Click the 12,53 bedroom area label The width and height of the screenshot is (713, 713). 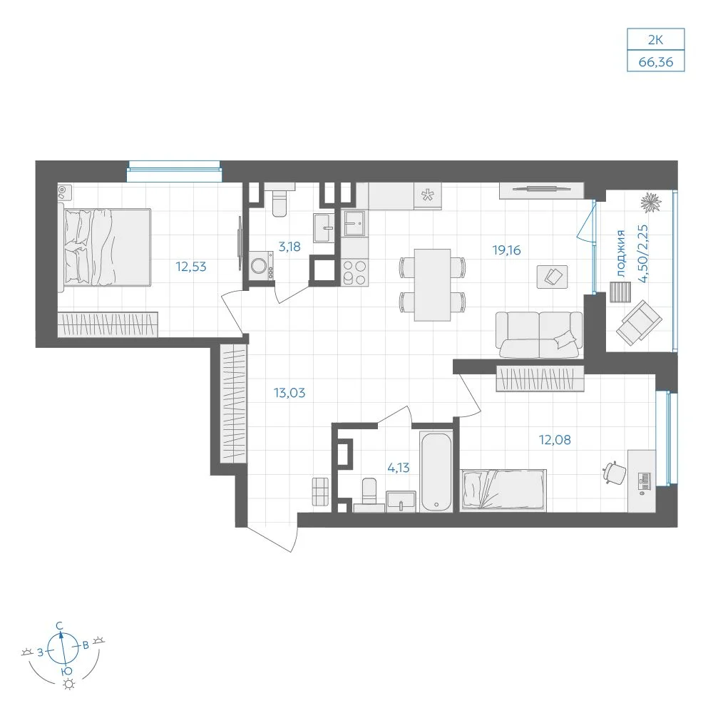pyautogui.click(x=191, y=267)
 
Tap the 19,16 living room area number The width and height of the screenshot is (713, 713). pyautogui.click(x=506, y=250)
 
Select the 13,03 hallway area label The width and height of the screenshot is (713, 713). pyautogui.click(x=289, y=392)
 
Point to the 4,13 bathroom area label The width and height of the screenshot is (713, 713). pyautogui.click(x=399, y=468)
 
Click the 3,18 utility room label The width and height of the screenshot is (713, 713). pyautogui.click(x=289, y=247)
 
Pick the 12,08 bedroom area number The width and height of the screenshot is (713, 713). pyautogui.click(x=555, y=440)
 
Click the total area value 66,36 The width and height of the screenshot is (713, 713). pyautogui.click(x=656, y=62)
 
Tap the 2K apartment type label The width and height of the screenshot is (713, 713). pyautogui.click(x=656, y=40)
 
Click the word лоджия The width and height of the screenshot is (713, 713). pyautogui.click(x=621, y=253)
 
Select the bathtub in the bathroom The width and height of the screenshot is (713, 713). pyautogui.click(x=436, y=471)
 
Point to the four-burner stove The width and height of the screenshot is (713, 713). pyautogui.click(x=354, y=272)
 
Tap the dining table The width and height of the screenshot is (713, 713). pyautogui.click(x=432, y=284)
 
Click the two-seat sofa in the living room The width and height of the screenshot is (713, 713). pyautogui.click(x=539, y=334)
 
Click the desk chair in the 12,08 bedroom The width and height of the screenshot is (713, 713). pyautogui.click(x=615, y=473)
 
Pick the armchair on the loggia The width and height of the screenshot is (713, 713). pyautogui.click(x=638, y=322)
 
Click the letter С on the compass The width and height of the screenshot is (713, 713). pyautogui.click(x=59, y=626)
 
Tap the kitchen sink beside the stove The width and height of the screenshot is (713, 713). pyautogui.click(x=354, y=223)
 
